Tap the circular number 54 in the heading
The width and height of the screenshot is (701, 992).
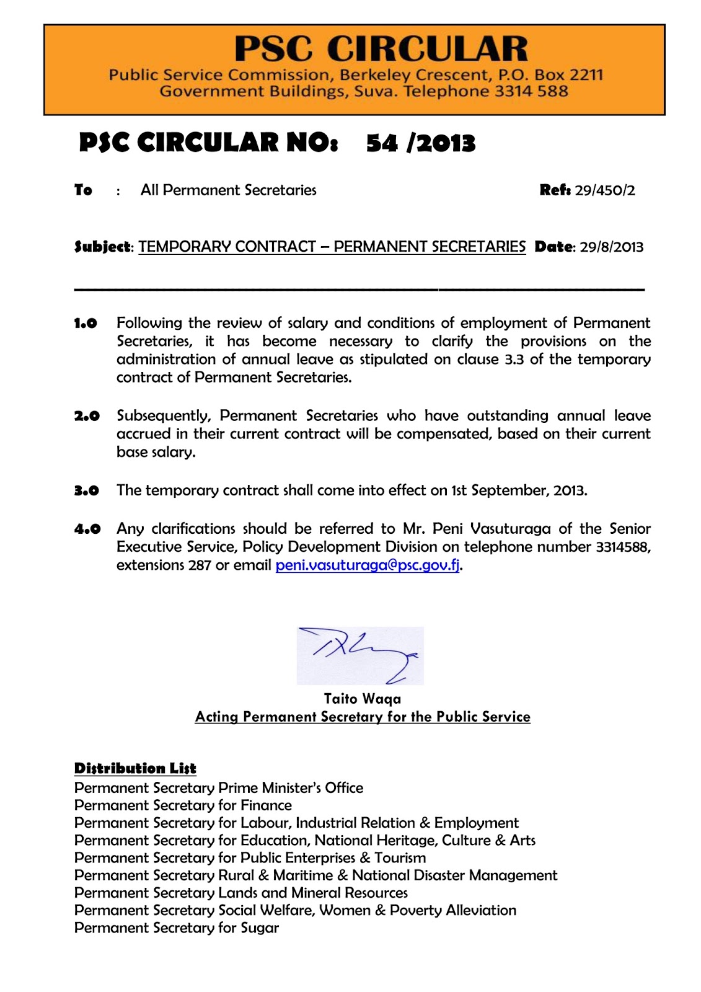point(382,143)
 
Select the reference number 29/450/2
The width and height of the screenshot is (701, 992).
point(605,190)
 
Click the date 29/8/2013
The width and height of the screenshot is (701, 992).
point(612,247)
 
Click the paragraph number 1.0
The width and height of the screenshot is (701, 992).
point(86,323)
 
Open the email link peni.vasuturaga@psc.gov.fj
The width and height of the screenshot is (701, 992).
point(368,565)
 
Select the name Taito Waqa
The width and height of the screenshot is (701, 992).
point(363,699)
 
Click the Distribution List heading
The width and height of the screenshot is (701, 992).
point(135,768)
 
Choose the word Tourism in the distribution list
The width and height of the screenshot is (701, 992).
point(400,858)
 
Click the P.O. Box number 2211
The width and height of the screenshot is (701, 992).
point(586,75)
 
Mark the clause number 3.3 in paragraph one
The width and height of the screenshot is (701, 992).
point(514,360)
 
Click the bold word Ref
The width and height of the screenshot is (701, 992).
point(555,190)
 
